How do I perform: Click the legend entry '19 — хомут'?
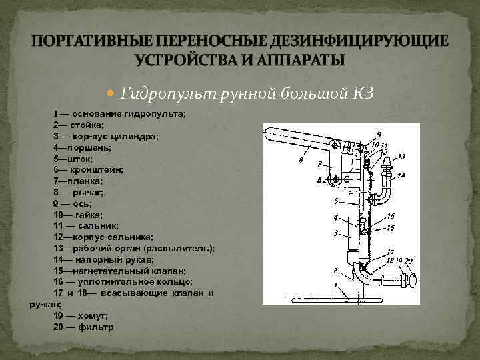(80, 316)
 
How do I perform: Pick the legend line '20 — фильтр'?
(83, 327)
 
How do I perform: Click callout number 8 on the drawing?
(302, 159)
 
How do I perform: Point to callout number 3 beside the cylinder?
(335, 233)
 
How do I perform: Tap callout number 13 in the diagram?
(401, 157)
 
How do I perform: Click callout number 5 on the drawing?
(336, 201)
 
